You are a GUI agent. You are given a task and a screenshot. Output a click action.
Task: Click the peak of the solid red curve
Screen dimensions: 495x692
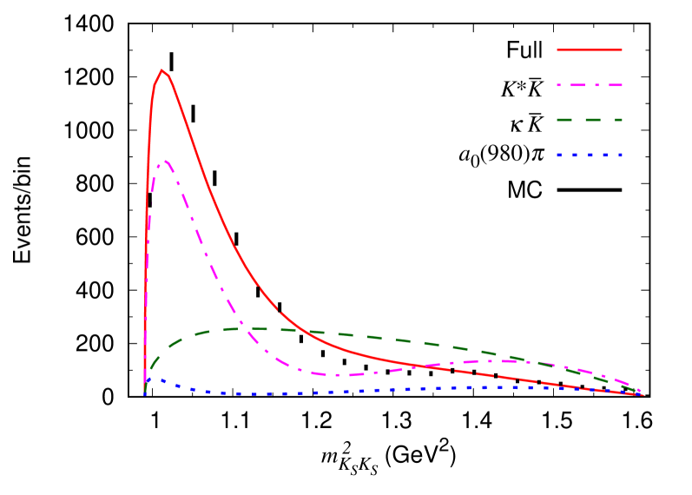(162, 70)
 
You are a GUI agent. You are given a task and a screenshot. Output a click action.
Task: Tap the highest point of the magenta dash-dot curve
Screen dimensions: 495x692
(165, 161)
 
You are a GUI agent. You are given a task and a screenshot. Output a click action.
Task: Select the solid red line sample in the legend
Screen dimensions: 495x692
(590, 50)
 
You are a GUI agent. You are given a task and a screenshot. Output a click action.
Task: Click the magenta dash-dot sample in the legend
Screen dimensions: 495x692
(590, 85)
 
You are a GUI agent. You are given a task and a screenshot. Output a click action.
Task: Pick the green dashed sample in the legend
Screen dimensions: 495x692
(590, 120)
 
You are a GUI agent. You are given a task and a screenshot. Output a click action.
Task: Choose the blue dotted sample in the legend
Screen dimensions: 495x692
(590, 155)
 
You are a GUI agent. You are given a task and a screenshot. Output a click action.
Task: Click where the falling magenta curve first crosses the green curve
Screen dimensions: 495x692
(240, 328)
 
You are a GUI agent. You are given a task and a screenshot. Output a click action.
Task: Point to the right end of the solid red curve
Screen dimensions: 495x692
(643, 395)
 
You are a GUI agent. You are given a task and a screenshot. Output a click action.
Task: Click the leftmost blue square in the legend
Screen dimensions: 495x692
(560, 155)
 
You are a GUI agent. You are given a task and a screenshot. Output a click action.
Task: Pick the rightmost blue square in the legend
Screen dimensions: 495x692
(620, 155)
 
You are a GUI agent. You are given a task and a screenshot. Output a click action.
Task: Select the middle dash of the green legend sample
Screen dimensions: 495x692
(590, 120)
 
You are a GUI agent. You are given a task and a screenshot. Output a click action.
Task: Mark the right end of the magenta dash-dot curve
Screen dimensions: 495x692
(641, 392)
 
